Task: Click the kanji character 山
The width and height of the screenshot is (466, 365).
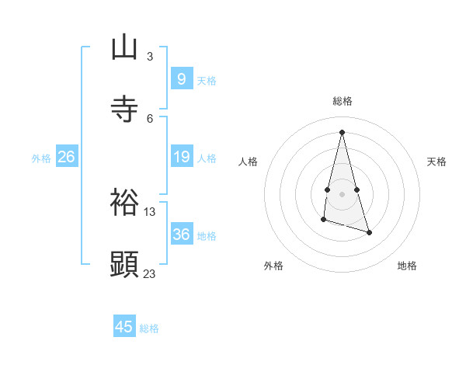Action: (124, 47)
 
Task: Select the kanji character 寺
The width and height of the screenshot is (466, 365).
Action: (124, 109)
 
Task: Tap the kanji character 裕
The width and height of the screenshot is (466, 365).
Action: (124, 201)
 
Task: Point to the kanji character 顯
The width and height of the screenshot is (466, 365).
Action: (124, 263)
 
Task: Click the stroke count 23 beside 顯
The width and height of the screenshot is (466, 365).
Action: (150, 273)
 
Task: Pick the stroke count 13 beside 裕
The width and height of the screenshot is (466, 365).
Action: (150, 211)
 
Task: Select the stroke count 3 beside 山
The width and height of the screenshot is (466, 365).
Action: (150, 57)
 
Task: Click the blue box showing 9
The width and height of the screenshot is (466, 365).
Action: (181, 78)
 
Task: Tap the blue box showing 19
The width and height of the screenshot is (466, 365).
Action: (181, 157)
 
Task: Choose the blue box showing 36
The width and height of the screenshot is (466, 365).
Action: (181, 234)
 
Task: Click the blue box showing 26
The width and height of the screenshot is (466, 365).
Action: (66, 157)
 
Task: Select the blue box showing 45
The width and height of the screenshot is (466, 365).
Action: (124, 327)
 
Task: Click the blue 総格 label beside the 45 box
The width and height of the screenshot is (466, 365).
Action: (149, 328)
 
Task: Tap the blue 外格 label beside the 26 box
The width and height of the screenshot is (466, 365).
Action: (41, 158)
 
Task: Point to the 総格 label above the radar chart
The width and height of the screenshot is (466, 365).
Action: (343, 101)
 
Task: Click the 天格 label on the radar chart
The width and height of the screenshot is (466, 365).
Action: (436, 162)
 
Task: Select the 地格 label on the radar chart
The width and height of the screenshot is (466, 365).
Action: (407, 266)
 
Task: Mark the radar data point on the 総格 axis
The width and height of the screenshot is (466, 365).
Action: (342, 131)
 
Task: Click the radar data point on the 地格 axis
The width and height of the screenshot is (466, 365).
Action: (370, 232)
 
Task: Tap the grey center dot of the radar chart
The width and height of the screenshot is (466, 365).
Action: (342, 193)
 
